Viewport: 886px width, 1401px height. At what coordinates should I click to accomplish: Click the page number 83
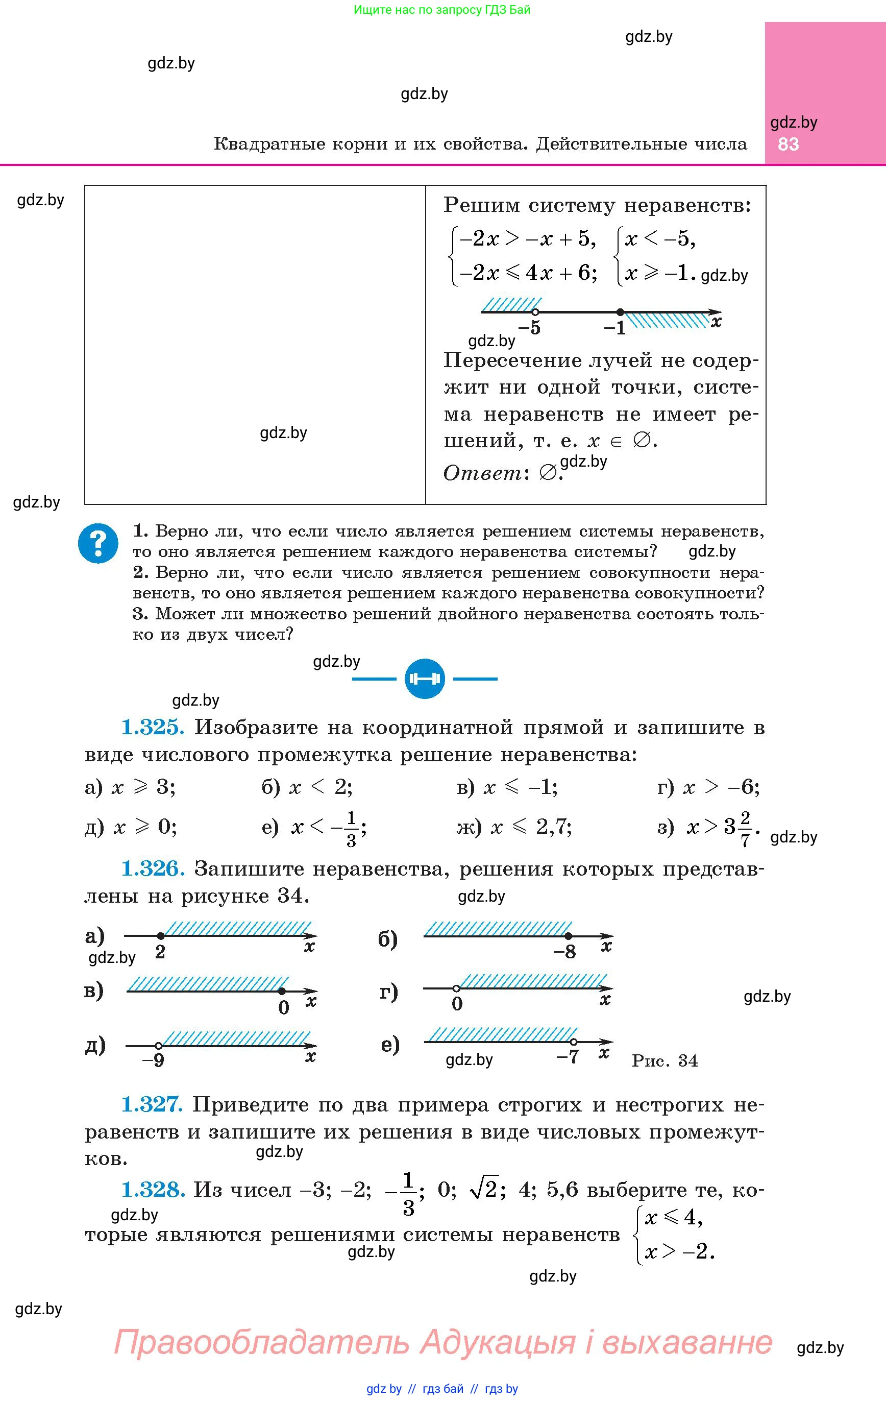[789, 144]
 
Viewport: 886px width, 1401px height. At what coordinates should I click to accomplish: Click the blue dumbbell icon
[425, 679]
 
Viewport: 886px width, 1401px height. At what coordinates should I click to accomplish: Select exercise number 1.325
[153, 728]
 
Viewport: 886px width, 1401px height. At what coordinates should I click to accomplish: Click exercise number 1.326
[153, 869]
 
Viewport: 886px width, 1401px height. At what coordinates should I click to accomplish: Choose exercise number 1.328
[153, 1190]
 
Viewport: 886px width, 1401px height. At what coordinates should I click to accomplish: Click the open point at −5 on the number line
[536, 312]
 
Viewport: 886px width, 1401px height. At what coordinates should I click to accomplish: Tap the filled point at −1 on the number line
[620, 312]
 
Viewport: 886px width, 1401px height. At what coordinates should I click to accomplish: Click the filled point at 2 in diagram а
[161, 935]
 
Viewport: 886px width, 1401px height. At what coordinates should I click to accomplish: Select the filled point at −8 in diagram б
[569, 936]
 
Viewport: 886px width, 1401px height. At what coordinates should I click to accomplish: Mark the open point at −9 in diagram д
[158, 1046]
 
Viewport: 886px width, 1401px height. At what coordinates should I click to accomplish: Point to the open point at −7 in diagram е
[574, 1042]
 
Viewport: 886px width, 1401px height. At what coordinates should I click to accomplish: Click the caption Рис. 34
[664, 1060]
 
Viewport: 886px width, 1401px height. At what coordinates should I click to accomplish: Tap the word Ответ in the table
[482, 473]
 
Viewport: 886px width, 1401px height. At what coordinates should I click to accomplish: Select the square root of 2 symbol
[484, 1190]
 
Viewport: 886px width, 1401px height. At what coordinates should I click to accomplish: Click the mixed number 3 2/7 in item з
[737, 826]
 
